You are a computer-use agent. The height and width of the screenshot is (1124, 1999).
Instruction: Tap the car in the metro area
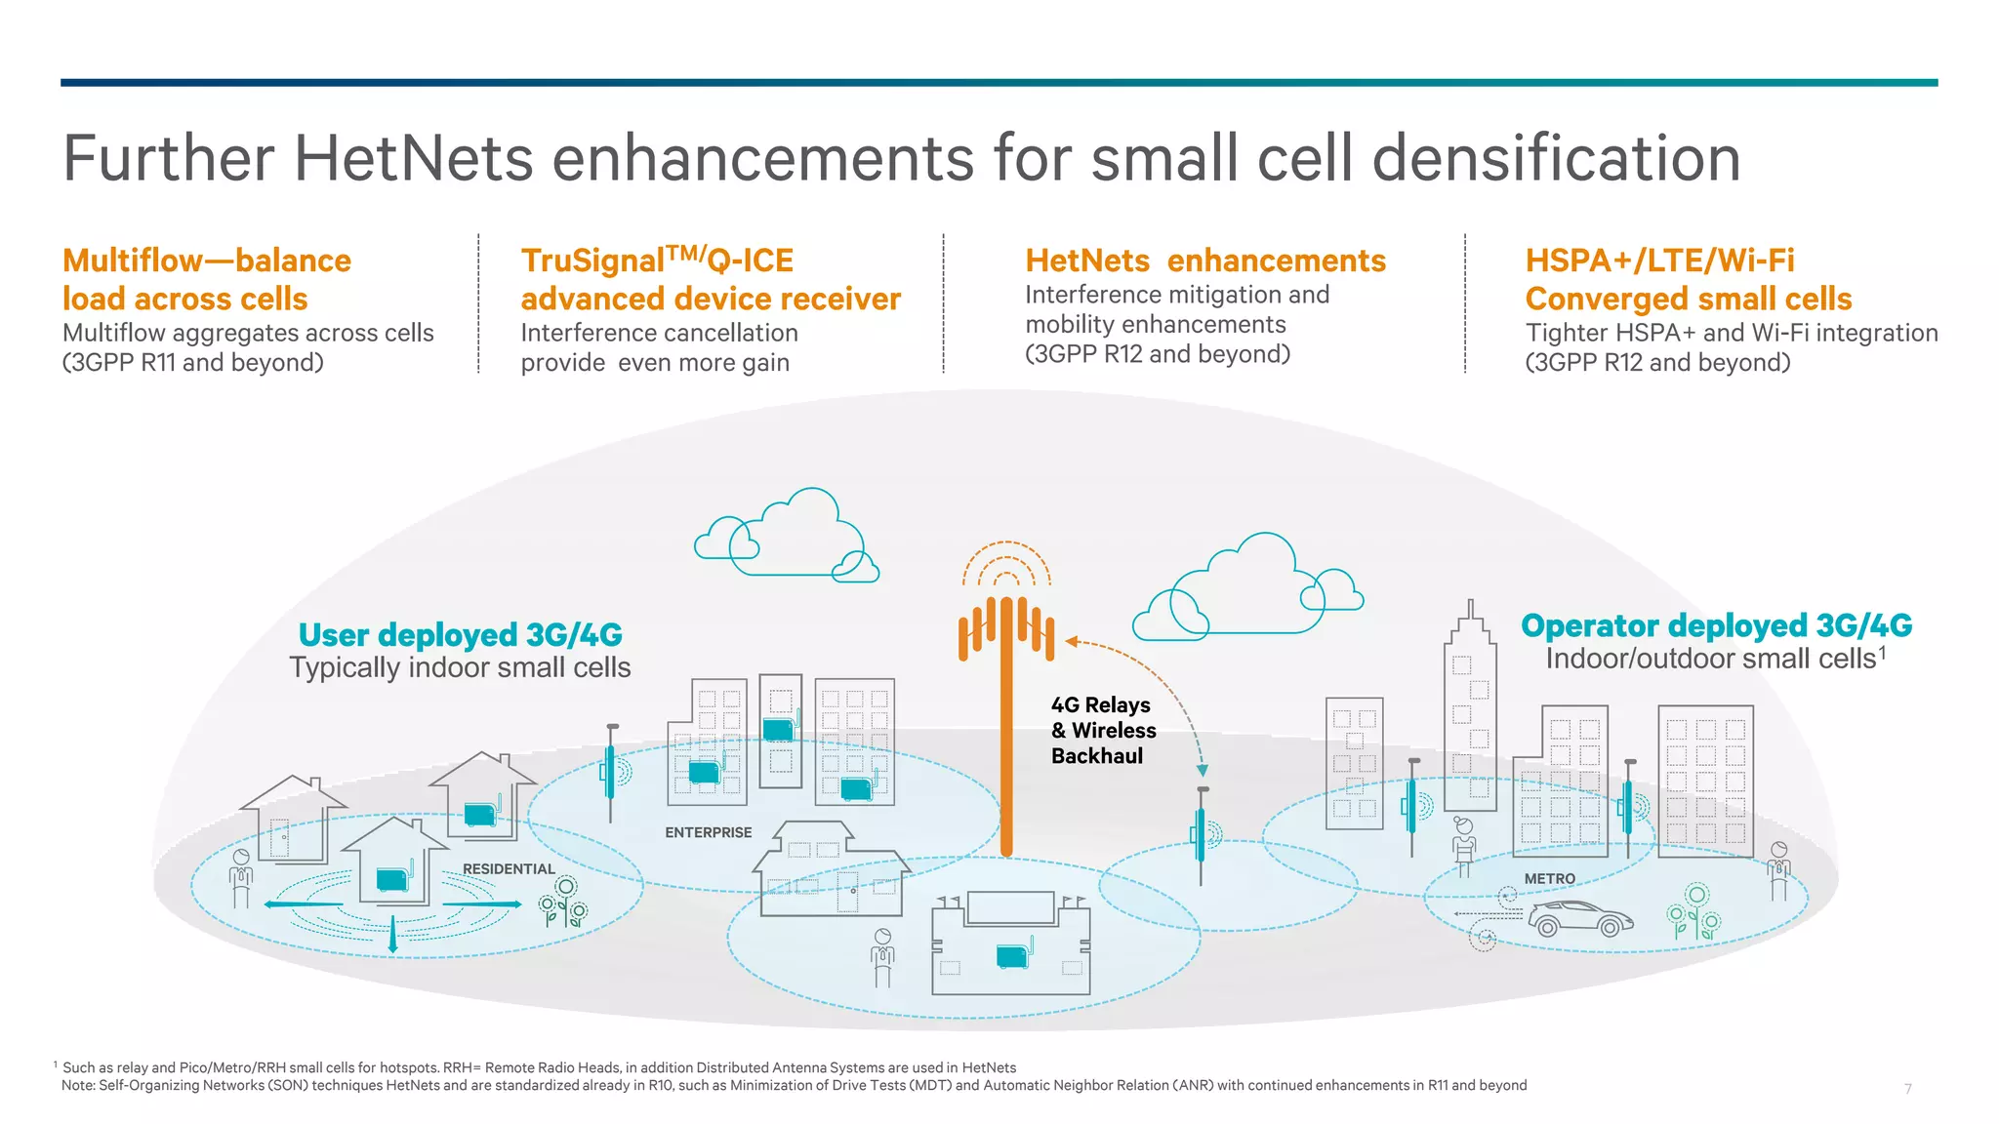[x=1579, y=919]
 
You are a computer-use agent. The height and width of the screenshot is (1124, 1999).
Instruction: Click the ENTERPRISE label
[x=709, y=832]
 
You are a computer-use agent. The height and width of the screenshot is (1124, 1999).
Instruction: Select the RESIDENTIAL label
[x=509, y=868]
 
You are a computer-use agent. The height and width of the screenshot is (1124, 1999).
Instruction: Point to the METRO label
[x=1550, y=878]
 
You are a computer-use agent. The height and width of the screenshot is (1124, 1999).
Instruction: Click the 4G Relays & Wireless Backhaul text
[x=1102, y=730]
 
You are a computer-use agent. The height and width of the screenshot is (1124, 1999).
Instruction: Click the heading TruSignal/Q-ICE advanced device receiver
[x=710, y=279]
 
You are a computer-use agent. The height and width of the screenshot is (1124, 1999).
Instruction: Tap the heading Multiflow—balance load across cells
[x=206, y=279]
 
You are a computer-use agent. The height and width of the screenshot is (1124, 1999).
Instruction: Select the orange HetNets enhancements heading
[x=1204, y=261]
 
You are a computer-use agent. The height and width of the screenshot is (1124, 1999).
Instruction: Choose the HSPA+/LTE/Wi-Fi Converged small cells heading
[x=1688, y=279]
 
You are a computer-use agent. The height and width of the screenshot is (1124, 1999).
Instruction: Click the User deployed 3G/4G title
[x=460, y=635]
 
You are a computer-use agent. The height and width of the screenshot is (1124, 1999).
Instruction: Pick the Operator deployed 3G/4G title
[x=1716, y=625]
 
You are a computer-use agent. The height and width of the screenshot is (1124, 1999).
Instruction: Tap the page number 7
[x=1907, y=1089]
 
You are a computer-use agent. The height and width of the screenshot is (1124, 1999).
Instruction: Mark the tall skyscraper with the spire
[x=1470, y=712]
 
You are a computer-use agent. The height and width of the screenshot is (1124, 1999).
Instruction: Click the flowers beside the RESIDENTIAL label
[x=564, y=902]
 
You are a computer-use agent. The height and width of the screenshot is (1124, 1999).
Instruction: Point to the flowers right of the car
[x=1693, y=911]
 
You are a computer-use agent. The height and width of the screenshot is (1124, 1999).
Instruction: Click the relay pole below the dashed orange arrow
[x=1202, y=834]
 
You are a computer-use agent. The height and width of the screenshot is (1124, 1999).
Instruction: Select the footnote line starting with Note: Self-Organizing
[x=794, y=1085]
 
